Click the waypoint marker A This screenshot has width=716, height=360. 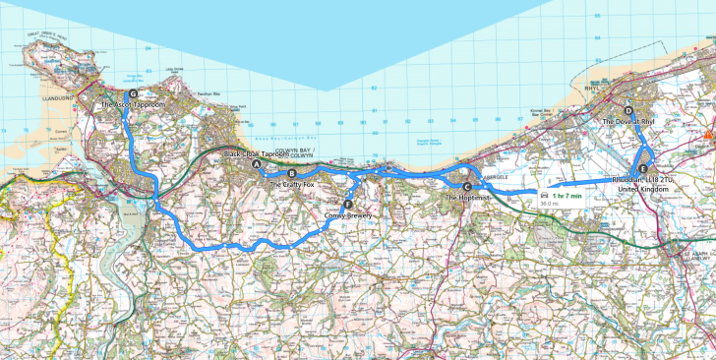coord(258,165)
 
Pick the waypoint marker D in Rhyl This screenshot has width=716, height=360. coord(628,111)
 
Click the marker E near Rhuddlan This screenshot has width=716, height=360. coord(642,170)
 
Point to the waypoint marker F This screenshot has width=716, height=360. coord(347,205)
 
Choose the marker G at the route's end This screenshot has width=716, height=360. coord(120,93)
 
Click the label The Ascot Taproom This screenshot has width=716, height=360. coord(133,103)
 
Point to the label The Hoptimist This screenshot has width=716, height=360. coord(466,198)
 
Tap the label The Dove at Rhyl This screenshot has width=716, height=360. coord(628,122)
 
